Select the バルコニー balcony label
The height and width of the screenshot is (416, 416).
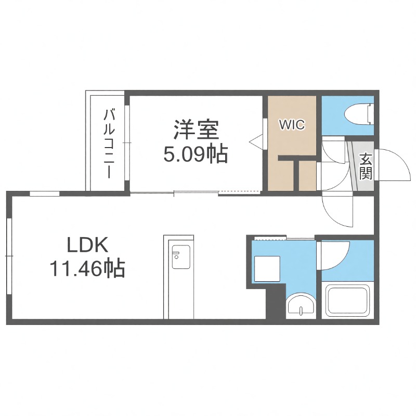[x=109, y=144]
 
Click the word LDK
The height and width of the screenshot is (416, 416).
[x=86, y=244]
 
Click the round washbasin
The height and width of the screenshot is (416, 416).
[x=302, y=305]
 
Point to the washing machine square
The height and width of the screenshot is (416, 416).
[x=267, y=269]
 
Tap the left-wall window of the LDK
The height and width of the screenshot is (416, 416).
[x=9, y=257]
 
